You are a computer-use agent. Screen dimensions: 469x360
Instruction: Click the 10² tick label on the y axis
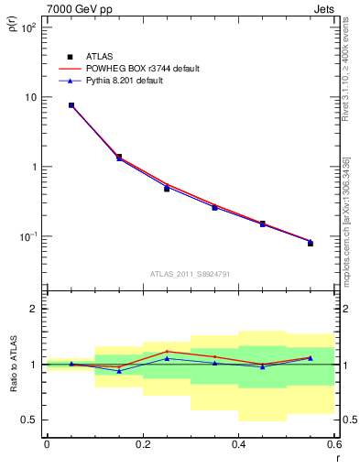[28, 27]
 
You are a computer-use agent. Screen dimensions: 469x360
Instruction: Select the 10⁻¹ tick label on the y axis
[27, 236]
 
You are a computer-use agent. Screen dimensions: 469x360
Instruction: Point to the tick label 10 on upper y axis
[30, 97]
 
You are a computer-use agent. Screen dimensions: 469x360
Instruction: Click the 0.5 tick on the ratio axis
[30, 420]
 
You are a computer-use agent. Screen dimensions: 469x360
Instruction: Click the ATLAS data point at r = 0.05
[71, 105]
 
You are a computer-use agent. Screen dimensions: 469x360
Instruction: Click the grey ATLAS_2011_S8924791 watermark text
[190, 272]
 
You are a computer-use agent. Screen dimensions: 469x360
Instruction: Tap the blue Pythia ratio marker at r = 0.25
[167, 358]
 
